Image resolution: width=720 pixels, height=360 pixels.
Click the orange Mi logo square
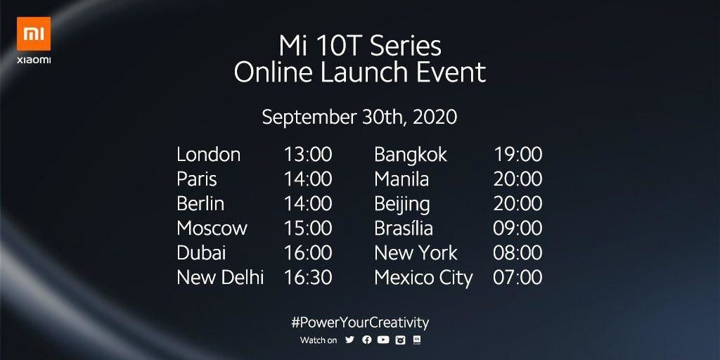click(34, 34)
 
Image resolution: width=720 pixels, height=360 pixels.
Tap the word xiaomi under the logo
click(34, 60)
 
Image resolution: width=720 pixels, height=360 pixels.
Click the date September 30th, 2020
click(359, 117)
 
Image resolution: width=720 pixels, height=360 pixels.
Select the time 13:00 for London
click(308, 154)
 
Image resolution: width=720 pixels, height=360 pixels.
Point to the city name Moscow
click(212, 229)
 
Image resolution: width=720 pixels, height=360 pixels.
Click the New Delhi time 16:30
click(308, 278)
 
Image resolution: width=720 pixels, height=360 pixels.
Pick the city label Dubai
click(201, 253)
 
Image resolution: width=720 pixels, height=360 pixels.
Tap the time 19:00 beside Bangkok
click(517, 154)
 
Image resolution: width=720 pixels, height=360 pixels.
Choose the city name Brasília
click(404, 229)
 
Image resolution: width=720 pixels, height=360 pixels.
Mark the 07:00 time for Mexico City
click(517, 278)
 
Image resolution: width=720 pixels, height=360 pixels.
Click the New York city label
click(416, 253)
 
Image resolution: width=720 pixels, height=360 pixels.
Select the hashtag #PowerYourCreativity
click(360, 322)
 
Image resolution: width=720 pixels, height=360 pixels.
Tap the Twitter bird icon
click(350, 340)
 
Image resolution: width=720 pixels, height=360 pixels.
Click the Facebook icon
click(367, 340)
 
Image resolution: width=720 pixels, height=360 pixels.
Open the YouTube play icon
click(383, 340)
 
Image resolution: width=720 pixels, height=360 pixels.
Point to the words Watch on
click(319, 341)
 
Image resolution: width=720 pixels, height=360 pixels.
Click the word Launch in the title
click(354, 72)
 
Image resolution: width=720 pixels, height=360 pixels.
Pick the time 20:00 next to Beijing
click(517, 203)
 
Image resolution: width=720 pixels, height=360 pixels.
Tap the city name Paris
click(197, 179)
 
